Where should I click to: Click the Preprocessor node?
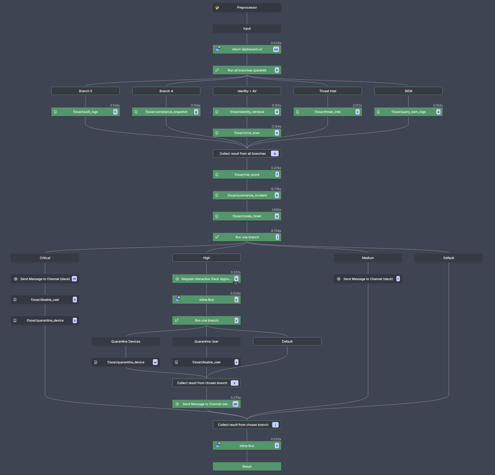(x=247, y=8)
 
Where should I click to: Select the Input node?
(x=247, y=29)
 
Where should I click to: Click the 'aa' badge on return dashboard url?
(x=276, y=49)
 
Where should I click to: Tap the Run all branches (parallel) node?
(x=247, y=70)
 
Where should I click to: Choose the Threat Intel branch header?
(x=327, y=91)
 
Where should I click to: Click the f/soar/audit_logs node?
(x=85, y=112)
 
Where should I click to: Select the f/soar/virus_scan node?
(x=247, y=133)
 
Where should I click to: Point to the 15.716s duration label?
(x=276, y=189)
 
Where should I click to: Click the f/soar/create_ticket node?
(x=247, y=216)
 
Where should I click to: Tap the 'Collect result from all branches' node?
(x=243, y=154)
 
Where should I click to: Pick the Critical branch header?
(x=45, y=258)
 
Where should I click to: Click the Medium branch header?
(x=368, y=258)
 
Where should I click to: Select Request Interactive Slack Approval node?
(x=206, y=279)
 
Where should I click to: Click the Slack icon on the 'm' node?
(x=16, y=279)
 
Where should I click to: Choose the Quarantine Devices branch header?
(x=126, y=342)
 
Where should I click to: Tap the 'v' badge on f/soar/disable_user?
(x=236, y=362)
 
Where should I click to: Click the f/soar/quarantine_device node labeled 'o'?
(x=45, y=321)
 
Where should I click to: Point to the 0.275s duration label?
(x=236, y=398)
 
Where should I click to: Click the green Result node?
(x=247, y=467)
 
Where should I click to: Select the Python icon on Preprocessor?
(x=217, y=8)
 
